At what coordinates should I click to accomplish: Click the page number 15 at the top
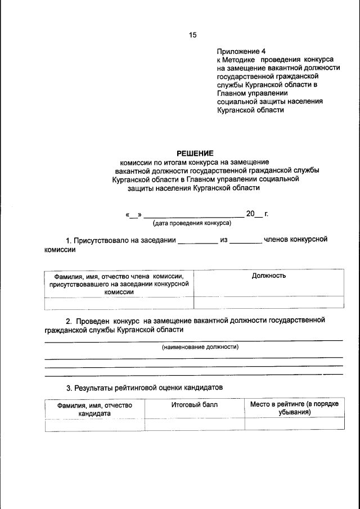pyautogui.click(x=192, y=35)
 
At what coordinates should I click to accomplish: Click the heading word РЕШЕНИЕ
pyautogui.click(x=195, y=153)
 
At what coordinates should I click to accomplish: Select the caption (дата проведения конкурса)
pyautogui.click(x=192, y=223)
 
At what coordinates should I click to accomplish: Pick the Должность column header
pyautogui.click(x=268, y=276)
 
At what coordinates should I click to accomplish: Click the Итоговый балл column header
pyautogui.click(x=194, y=404)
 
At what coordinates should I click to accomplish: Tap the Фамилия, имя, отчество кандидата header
pyautogui.click(x=94, y=409)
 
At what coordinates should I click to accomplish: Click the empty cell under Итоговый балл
pyautogui.click(x=194, y=424)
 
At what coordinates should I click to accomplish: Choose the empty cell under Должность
pyautogui.click(x=268, y=302)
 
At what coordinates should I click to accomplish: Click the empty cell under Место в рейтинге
pyautogui.click(x=294, y=424)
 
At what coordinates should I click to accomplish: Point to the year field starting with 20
pyautogui.click(x=254, y=214)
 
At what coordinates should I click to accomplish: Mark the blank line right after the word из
pyautogui.click(x=246, y=241)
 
